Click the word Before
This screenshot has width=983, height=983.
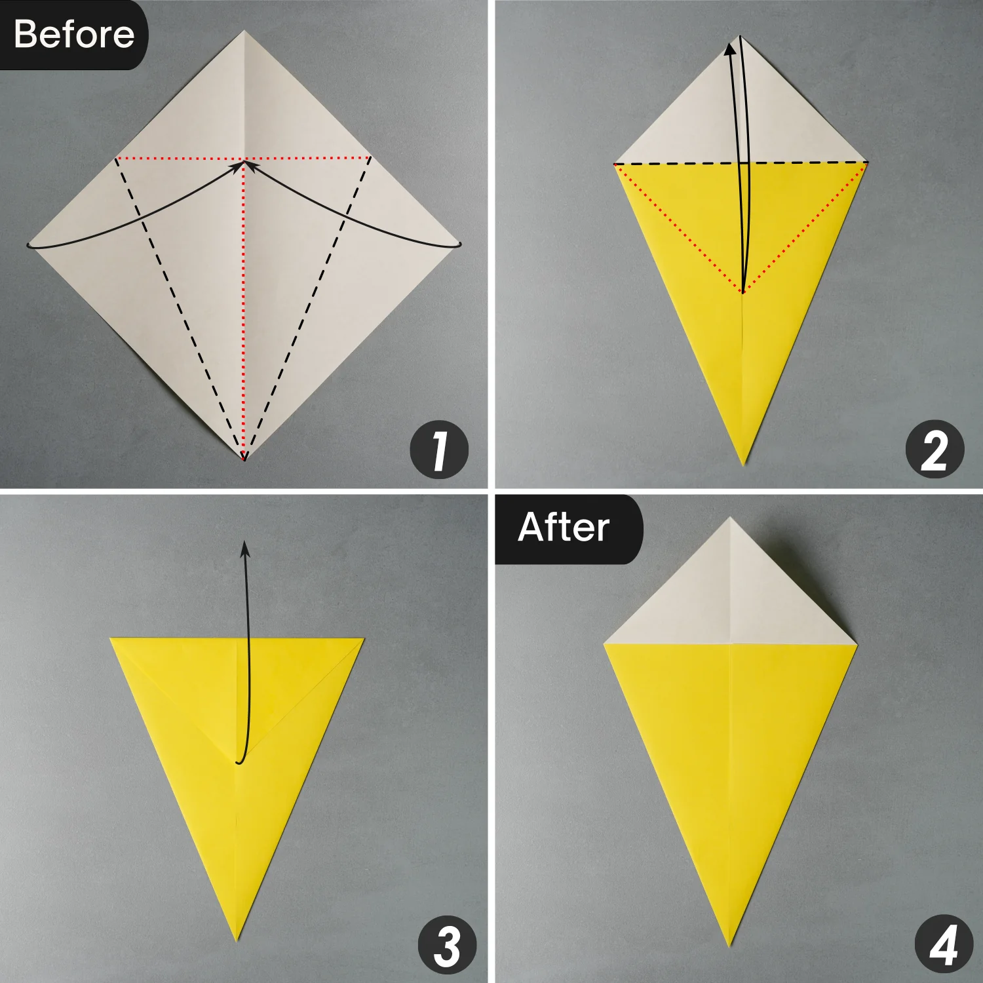[73, 34]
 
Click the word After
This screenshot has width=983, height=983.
[564, 528]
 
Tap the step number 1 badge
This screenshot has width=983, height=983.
[439, 450]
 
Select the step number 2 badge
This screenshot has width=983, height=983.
[935, 450]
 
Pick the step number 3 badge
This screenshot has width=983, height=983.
[448, 946]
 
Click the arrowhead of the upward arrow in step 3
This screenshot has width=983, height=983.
[245, 549]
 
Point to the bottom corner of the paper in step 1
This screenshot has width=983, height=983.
[244, 457]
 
